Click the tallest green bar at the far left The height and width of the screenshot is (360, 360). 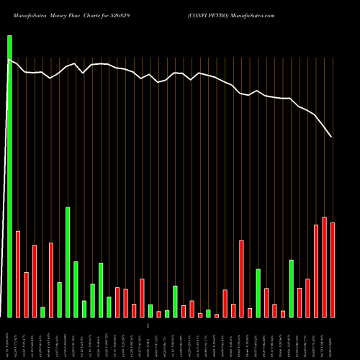(9, 176)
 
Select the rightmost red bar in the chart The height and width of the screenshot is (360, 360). (333, 270)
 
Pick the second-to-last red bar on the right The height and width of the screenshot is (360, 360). (324, 267)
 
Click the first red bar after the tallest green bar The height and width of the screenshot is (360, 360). (18, 274)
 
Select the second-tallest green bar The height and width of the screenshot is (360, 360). (68, 262)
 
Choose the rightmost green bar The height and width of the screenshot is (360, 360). (291, 288)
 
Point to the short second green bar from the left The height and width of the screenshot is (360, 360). (42, 312)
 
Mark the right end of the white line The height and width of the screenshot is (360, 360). (331, 136)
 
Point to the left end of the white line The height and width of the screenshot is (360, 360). (8, 60)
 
